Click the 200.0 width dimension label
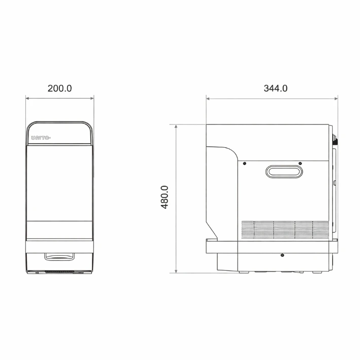coord(60,88)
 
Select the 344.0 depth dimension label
coord(276,88)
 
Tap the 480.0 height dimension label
coord(165,197)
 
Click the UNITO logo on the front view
coord(41,138)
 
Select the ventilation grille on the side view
coord(285,230)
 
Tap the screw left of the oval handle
coord(245,163)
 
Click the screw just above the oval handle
coord(300,163)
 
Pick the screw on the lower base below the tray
coord(282,255)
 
